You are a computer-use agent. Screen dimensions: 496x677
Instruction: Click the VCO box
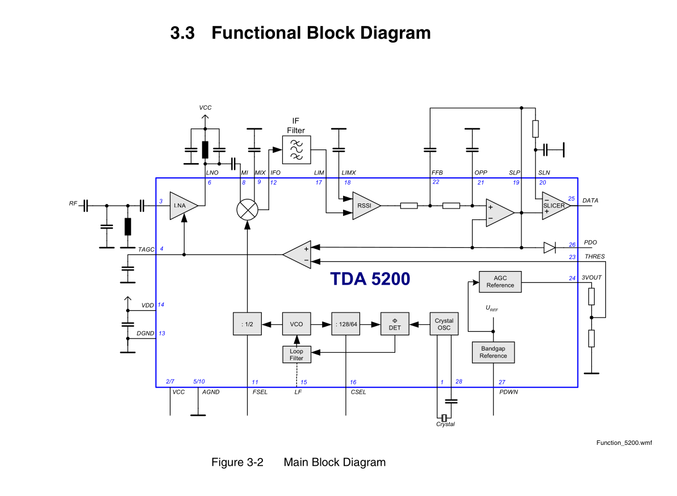(296, 324)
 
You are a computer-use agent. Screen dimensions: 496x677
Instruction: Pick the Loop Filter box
(296, 355)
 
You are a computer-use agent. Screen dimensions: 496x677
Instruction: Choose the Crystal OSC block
(444, 324)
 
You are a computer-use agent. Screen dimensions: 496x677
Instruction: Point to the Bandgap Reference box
(493, 352)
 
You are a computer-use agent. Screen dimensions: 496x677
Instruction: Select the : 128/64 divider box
(346, 324)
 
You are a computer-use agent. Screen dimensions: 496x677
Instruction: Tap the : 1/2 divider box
(247, 324)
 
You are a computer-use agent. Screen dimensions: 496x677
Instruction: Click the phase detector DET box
(395, 324)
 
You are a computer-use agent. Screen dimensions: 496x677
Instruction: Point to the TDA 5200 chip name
(370, 279)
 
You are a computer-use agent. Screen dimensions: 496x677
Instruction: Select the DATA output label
(590, 201)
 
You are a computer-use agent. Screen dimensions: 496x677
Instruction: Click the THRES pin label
(595, 257)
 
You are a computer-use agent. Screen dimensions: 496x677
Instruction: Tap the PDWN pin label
(508, 392)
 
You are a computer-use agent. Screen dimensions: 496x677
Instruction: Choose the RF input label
(73, 203)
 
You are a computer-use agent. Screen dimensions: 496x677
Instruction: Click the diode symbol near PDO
(549, 247)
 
